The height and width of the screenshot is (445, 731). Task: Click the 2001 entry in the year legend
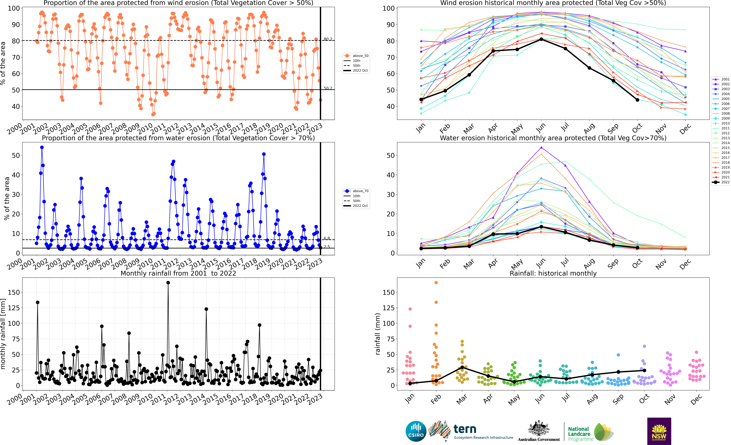pos(721,79)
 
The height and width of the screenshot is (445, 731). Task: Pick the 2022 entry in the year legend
pos(721,182)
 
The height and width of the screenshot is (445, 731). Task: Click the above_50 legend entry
pos(356,56)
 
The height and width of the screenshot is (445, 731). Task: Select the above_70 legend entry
pos(356,191)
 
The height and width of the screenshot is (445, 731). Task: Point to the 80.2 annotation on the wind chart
pos(328,39)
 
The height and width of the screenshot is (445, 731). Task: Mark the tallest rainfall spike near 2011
pos(168,283)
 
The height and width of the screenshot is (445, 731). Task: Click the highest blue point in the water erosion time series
pos(42,147)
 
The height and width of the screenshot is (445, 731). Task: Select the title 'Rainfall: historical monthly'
pos(553,273)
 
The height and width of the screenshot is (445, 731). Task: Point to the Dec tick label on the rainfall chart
pos(696,399)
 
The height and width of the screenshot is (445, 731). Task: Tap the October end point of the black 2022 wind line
pos(637,100)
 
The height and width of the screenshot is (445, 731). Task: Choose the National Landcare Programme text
pos(581,434)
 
